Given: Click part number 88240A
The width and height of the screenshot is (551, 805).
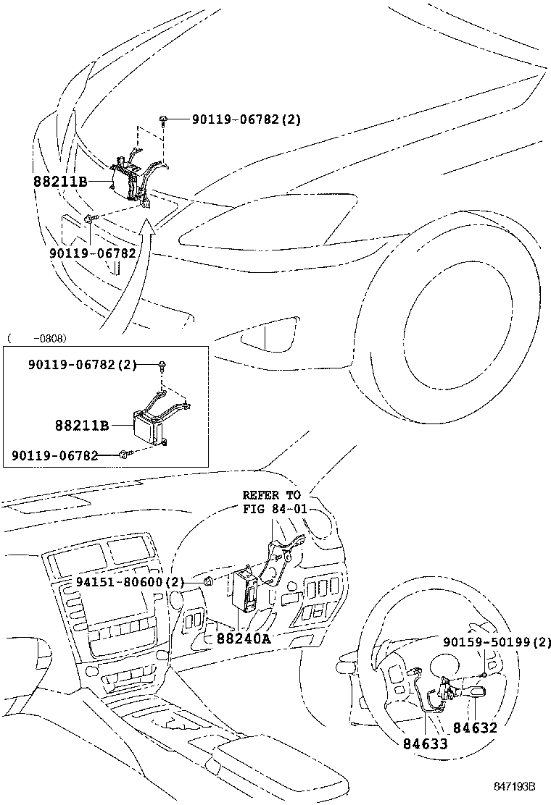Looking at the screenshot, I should pos(243,638).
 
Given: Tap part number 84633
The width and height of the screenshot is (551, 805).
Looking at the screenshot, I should pos(420,743).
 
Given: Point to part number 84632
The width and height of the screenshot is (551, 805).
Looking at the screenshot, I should pos(476,728).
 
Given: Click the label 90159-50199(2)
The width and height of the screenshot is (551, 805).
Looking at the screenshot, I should pos(497,641).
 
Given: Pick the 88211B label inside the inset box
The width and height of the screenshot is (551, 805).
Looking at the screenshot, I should pos(81,426).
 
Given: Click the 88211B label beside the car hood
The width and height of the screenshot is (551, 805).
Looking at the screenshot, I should pos(60,181).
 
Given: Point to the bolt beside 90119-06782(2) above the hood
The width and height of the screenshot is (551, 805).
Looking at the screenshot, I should pos(166,120).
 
